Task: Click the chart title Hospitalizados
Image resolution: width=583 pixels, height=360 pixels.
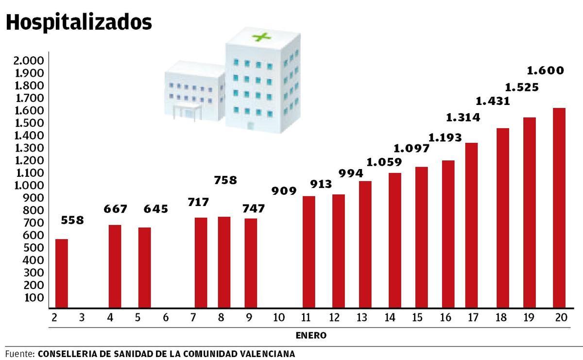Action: click(79, 22)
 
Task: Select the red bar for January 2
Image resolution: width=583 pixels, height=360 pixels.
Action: click(61, 274)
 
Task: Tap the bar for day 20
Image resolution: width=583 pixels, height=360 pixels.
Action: click(559, 208)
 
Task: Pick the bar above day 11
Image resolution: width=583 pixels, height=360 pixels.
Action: click(309, 252)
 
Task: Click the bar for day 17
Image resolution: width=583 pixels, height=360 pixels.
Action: click(472, 225)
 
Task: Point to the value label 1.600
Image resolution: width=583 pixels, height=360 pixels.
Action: click(545, 71)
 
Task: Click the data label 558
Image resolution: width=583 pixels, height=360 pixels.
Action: click(73, 220)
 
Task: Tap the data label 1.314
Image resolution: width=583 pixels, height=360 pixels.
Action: click(463, 118)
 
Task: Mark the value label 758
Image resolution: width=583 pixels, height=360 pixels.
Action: click(225, 180)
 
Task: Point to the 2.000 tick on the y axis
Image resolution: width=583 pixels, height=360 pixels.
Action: click(29, 61)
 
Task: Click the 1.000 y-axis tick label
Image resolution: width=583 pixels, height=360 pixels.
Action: click(29, 186)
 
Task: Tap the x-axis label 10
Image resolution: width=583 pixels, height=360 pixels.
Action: click(278, 318)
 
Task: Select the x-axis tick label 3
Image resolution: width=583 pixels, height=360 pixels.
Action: click(81, 318)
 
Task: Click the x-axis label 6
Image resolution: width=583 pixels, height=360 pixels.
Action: click(166, 318)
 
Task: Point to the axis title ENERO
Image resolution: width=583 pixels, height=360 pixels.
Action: click(311, 336)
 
